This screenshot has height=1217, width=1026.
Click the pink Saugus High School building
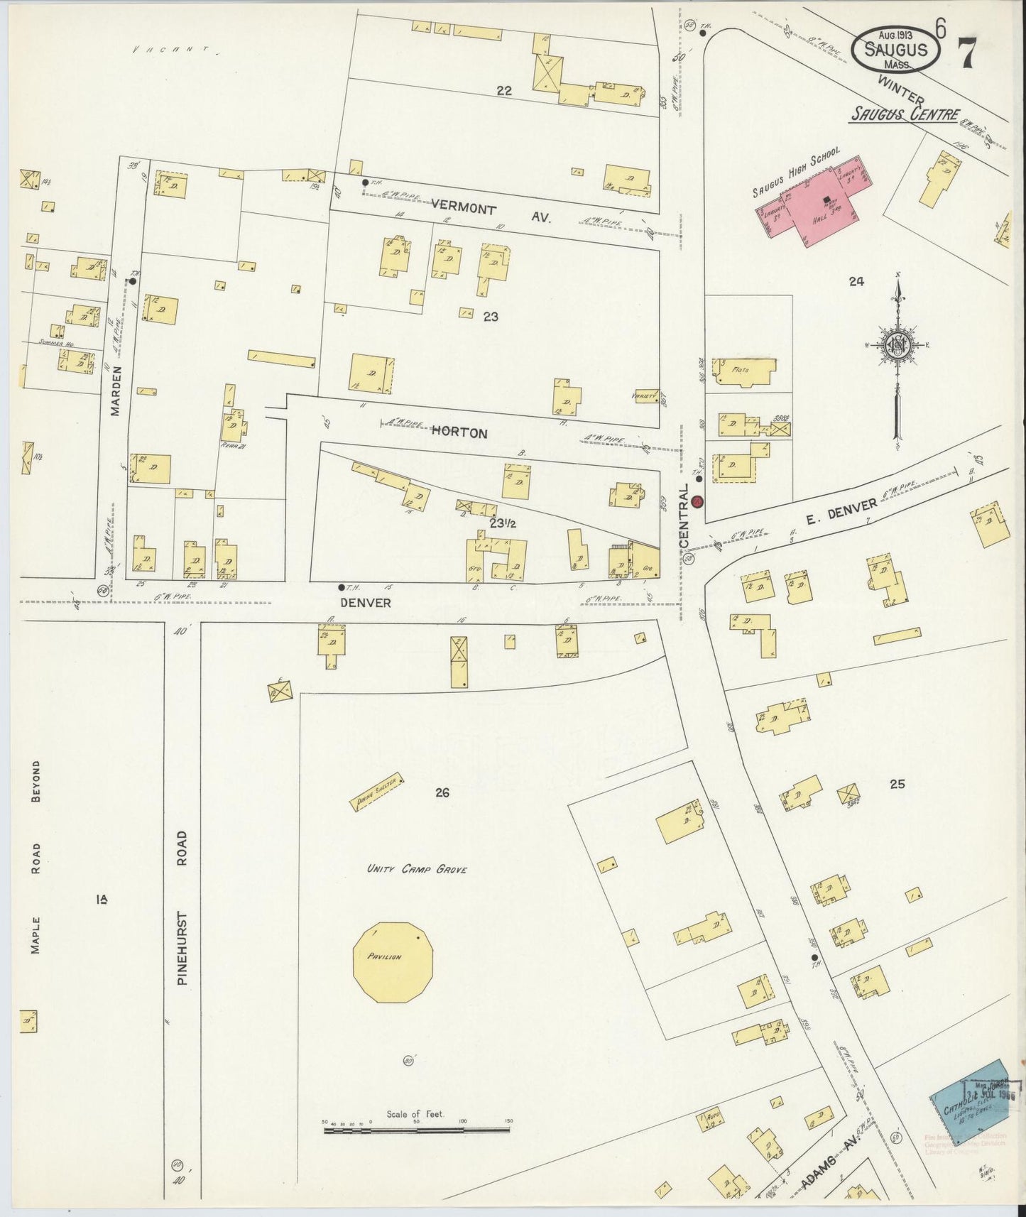pyautogui.click(x=817, y=206)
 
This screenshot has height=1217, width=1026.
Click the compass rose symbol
pyautogui.click(x=897, y=345)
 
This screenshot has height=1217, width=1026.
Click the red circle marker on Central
pyautogui.click(x=697, y=501)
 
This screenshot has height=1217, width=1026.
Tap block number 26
pyautogui.click(x=442, y=793)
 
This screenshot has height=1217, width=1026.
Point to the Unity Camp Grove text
pyautogui.click(x=417, y=868)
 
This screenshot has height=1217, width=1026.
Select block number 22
pyautogui.click(x=504, y=90)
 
